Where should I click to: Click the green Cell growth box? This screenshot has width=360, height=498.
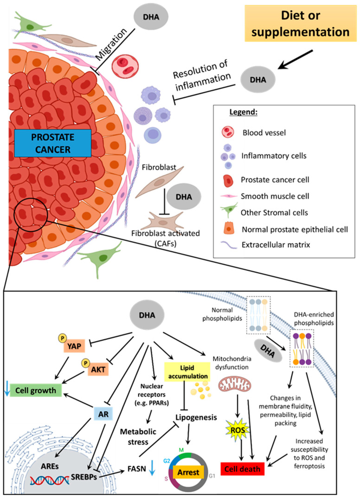(x=38, y=390)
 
